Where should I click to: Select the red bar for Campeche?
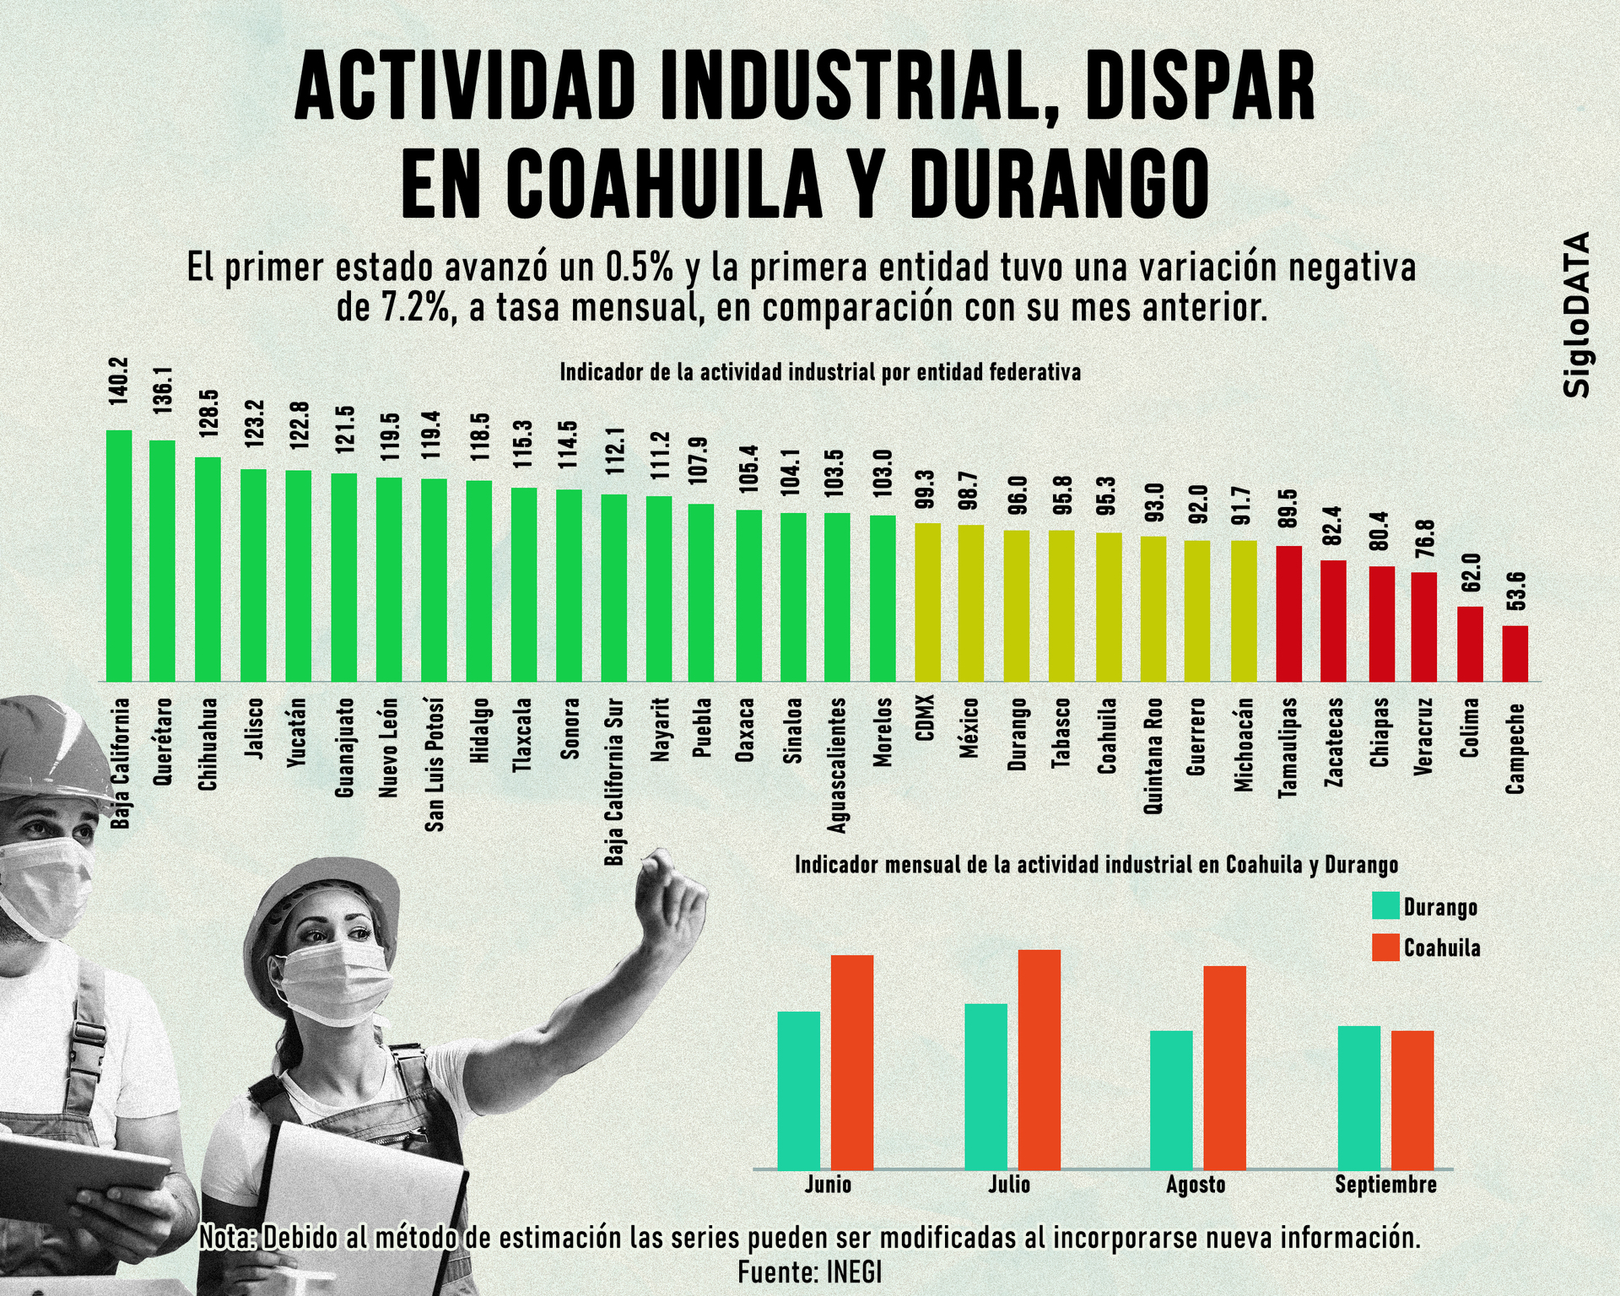[1515, 653]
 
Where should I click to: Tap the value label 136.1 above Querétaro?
[163, 390]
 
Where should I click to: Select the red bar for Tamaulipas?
[1288, 613]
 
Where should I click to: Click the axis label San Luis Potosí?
[434, 764]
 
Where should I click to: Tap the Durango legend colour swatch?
[1385, 905]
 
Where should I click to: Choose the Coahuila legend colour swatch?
[1385, 948]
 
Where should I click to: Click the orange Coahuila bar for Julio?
[1039, 1059]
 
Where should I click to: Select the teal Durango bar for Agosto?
[1171, 1099]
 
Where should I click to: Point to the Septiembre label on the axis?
[1385, 1185]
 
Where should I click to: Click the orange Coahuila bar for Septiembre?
[1412, 1099]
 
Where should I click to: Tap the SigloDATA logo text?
[1575, 314]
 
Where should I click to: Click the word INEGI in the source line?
[854, 1272]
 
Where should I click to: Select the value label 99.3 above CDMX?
[926, 490]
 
